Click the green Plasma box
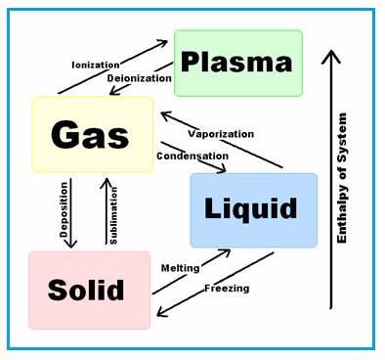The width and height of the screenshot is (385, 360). [237, 63]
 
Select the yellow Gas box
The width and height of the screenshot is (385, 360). [92, 134]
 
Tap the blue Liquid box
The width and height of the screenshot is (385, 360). [253, 209]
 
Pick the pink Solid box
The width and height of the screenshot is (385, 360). [89, 290]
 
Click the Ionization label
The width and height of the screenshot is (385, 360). [96, 66]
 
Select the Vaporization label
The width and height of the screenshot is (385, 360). [221, 134]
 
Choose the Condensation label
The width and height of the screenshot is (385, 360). [192, 156]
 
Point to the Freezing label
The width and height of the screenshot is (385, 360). [227, 289]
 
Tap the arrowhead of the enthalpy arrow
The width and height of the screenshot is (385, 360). [333, 56]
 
